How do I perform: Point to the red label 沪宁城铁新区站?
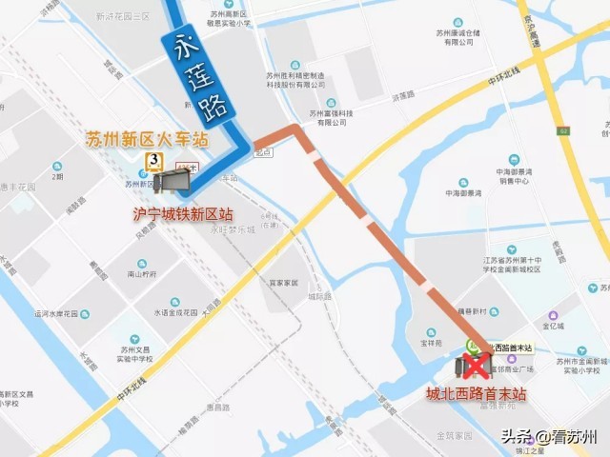[x=182, y=214]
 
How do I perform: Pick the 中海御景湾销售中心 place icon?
[x=516, y=159]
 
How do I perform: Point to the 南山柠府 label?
[x=142, y=273]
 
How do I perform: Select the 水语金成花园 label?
[x=174, y=309]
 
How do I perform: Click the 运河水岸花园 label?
[x=62, y=312]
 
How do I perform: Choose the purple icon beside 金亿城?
[x=552, y=314]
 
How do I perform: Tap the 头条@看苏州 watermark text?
[x=551, y=437]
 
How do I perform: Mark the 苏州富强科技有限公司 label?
[x=331, y=114]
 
